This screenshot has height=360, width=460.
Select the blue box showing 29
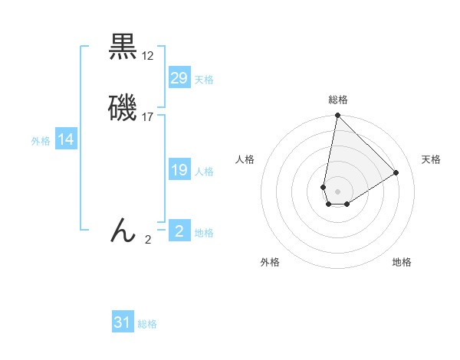pyautogui.click(x=179, y=78)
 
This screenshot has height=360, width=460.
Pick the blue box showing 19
pyautogui.click(x=179, y=170)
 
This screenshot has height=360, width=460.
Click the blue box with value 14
pyautogui.click(x=65, y=139)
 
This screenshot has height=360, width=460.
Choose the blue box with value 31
pyautogui.click(x=123, y=322)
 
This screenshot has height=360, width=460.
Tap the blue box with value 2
pyautogui.click(x=179, y=231)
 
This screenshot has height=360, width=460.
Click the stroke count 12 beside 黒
pyautogui.click(x=148, y=56)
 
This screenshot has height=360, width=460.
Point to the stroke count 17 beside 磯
pyautogui.click(x=148, y=116)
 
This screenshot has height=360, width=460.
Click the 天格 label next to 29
pyautogui.click(x=204, y=80)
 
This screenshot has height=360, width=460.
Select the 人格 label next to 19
pyautogui.click(x=204, y=172)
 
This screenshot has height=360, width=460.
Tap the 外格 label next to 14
pyautogui.click(x=41, y=141)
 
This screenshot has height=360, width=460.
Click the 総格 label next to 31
pyautogui.click(x=147, y=324)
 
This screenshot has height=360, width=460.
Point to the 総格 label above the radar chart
pyautogui.click(x=338, y=100)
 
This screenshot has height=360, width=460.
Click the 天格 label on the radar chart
pyautogui.click(x=431, y=159)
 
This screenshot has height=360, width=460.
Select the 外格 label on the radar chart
pyautogui.click(x=270, y=263)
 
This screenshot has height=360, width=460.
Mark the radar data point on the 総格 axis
pyautogui.click(x=337, y=116)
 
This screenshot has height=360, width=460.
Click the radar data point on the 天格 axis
pyautogui.click(x=396, y=172)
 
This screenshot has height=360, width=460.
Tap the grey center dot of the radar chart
pyautogui.click(x=337, y=191)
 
